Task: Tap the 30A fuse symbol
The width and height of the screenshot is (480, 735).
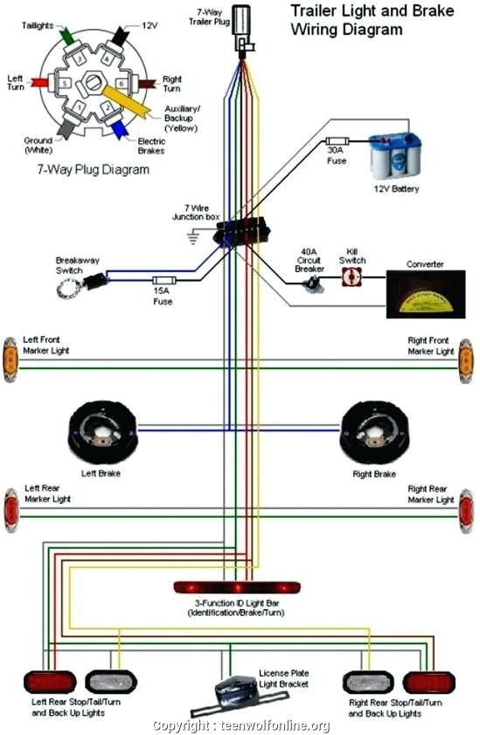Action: tap(337, 140)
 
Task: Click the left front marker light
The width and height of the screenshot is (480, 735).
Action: tap(10, 359)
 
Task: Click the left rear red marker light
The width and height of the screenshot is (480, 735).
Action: tap(10, 510)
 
